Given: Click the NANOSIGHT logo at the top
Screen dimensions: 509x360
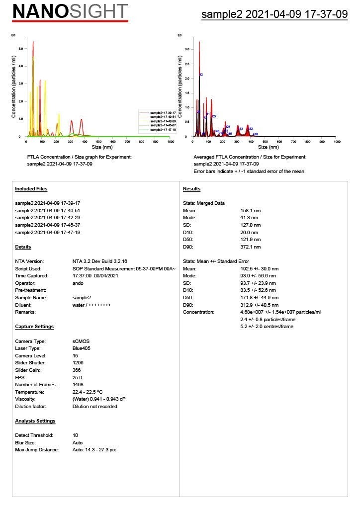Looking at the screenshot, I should (70, 11).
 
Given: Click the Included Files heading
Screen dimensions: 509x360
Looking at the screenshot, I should (31, 189).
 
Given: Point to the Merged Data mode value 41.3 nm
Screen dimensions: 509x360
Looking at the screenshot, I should (250, 218).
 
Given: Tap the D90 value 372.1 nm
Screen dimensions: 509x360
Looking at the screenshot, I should (252, 247).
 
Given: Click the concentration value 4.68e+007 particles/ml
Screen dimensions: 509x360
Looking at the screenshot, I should (280, 312).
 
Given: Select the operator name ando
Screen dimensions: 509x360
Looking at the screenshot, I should (78, 283).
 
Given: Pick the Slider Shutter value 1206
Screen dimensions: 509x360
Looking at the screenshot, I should (78, 363).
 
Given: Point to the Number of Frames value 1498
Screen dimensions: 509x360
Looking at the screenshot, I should (78, 385).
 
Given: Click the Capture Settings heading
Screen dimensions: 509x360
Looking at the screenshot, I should (34, 327).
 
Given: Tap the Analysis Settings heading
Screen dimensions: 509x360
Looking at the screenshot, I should (35, 421).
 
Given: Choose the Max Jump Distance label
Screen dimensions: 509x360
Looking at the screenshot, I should (37, 450).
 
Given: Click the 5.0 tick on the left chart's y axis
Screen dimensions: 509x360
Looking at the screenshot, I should (20, 49).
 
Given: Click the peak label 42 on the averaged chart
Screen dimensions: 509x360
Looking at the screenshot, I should (201, 75).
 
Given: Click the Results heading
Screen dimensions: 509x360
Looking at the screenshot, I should (191, 189).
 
